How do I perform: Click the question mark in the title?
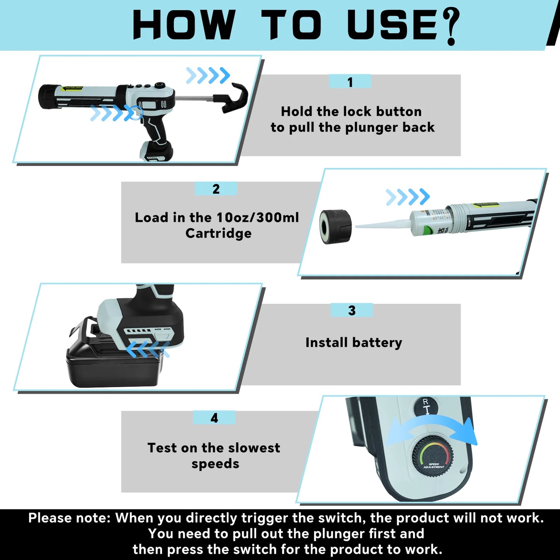[x=450, y=26]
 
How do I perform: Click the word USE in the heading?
[x=392, y=25]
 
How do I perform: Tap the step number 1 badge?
[x=350, y=82]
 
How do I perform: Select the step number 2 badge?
[x=216, y=189]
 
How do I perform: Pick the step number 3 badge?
[x=352, y=310]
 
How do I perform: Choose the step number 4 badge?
[x=214, y=418]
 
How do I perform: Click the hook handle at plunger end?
[x=236, y=98]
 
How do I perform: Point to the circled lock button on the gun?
[x=136, y=112]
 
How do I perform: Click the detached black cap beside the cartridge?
[x=335, y=226]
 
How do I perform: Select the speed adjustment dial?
[x=433, y=455]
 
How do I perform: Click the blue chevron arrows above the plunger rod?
[x=208, y=75]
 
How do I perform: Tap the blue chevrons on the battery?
[x=147, y=349]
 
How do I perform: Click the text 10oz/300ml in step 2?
[x=257, y=217]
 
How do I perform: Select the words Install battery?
[x=353, y=343]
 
